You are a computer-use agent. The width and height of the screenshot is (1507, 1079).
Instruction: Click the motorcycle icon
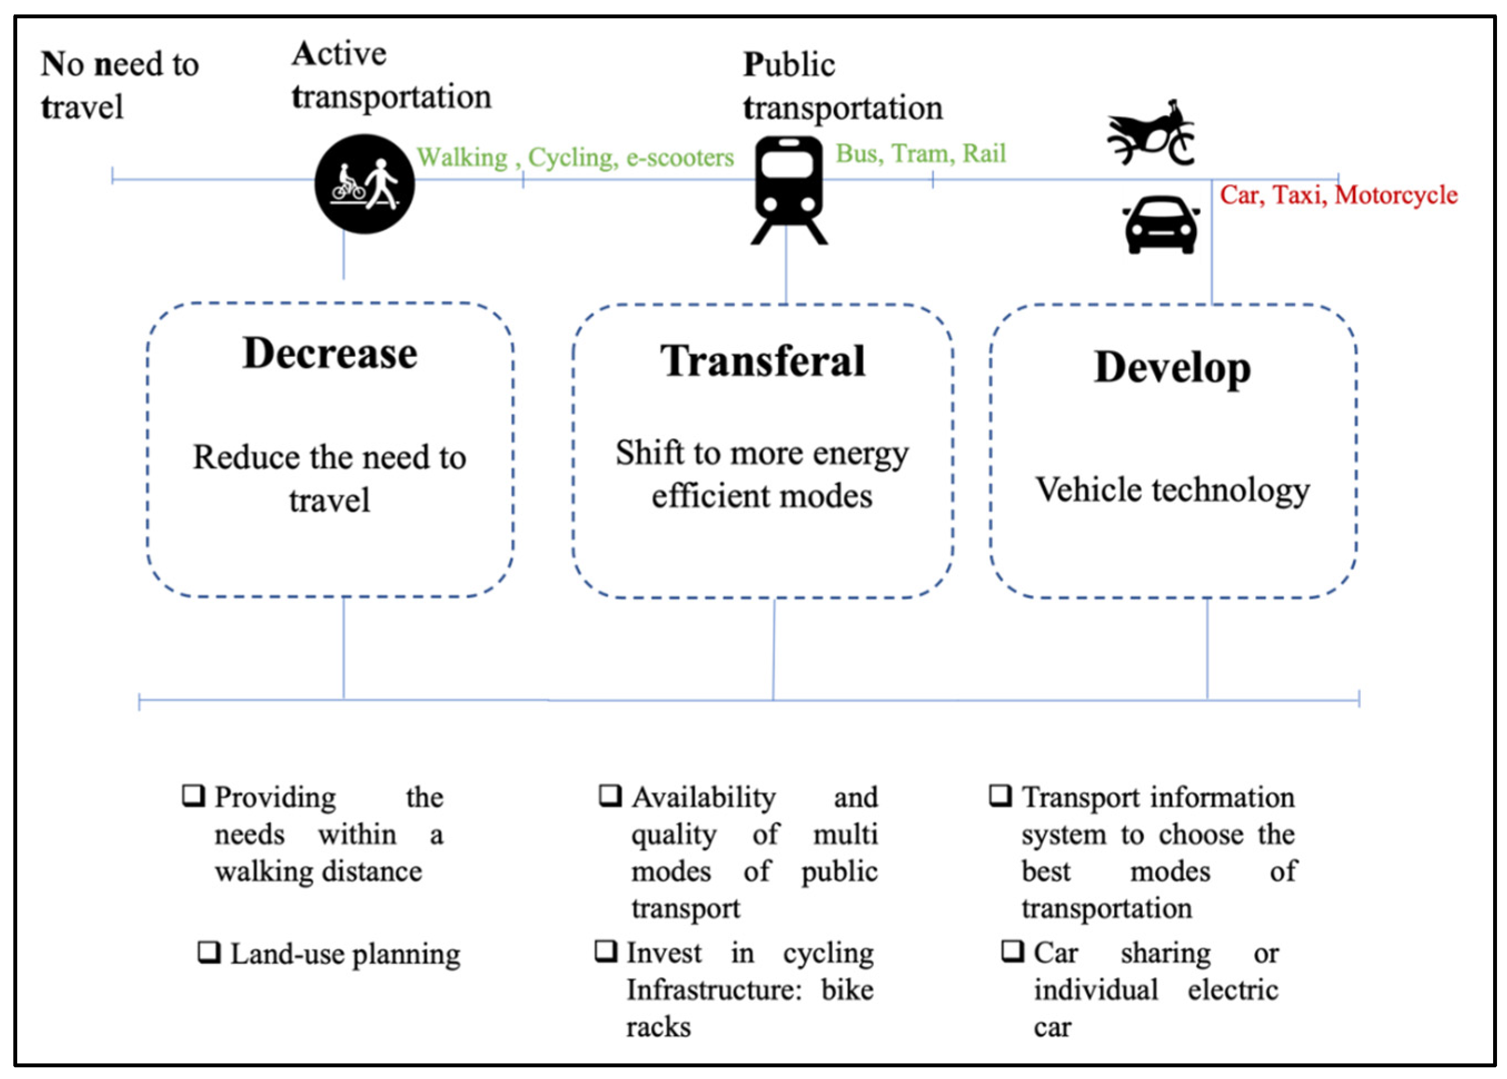(x=1150, y=133)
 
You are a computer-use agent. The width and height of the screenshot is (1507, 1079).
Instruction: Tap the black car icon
(x=1160, y=225)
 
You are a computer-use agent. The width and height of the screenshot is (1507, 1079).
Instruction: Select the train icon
(x=789, y=190)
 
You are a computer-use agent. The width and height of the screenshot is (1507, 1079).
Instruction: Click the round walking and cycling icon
(x=364, y=184)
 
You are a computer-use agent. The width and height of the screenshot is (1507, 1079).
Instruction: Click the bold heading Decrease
(x=330, y=353)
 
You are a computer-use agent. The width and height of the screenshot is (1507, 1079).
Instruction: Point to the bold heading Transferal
(x=763, y=361)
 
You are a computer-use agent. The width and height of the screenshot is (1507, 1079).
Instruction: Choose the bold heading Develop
(x=1172, y=367)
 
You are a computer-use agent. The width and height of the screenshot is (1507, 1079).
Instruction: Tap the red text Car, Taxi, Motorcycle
(x=1338, y=195)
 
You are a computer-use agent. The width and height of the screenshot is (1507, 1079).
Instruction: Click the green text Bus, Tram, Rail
(x=921, y=153)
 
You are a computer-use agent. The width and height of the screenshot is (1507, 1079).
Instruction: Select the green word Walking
(x=462, y=157)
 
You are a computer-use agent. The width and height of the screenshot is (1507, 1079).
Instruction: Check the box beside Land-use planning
(x=210, y=952)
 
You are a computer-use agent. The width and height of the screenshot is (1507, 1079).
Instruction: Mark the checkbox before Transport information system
(x=1000, y=795)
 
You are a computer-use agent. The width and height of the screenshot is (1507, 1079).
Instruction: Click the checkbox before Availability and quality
(x=610, y=795)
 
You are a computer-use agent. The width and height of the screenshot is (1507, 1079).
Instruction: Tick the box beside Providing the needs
(x=193, y=795)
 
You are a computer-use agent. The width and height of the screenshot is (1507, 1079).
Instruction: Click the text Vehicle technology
(x=1172, y=490)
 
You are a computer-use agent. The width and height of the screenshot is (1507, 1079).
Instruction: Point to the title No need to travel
(x=120, y=85)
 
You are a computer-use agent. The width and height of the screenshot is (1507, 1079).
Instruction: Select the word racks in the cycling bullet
(x=658, y=1027)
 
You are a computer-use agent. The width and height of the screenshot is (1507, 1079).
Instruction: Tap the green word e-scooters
(x=680, y=157)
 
